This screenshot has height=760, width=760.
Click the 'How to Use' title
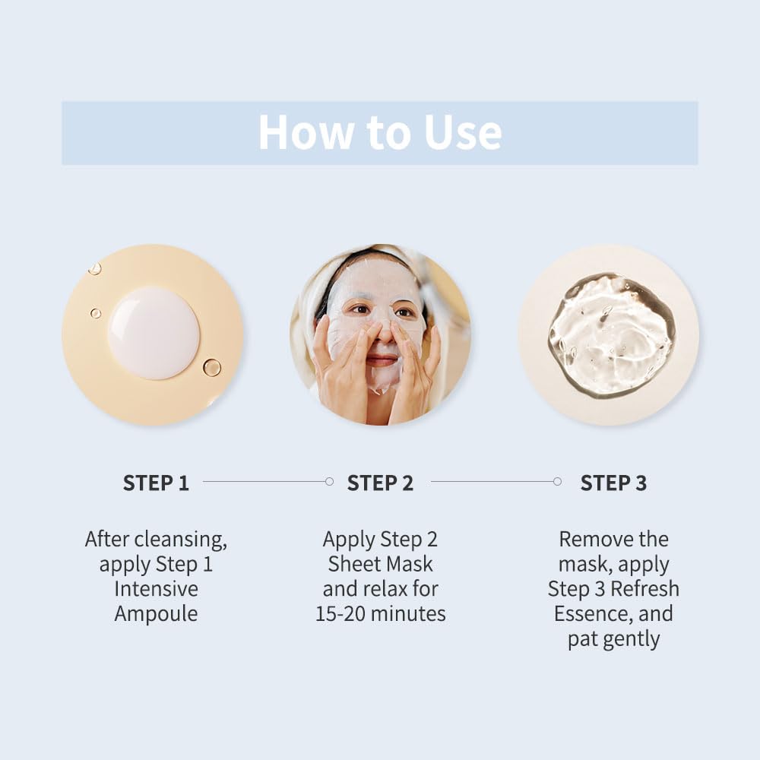(380, 132)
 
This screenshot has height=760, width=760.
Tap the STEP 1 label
(156, 483)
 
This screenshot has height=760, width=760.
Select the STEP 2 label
(380, 483)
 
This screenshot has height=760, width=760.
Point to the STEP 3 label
(613, 483)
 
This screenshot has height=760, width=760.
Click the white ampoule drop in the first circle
(154, 333)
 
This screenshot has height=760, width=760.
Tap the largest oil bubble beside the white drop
(212, 368)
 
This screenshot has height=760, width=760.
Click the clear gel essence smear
(612, 334)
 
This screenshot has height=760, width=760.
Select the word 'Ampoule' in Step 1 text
(156, 613)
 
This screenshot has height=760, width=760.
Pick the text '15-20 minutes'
(380, 613)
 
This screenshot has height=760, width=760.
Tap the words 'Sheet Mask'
(380, 564)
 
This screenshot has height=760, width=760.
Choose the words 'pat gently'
(613, 638)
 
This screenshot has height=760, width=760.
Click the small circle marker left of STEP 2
(329, 481)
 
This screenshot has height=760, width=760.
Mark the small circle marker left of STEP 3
(557, 481)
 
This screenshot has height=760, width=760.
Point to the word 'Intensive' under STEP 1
(156, 589)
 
